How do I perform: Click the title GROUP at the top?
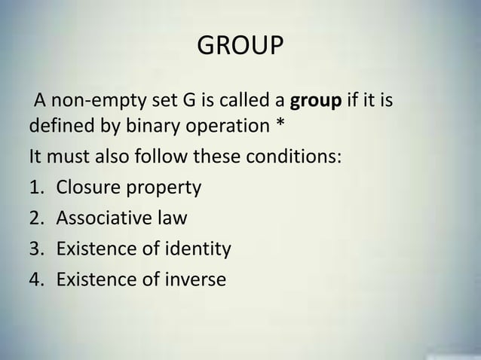(x=240, y=48)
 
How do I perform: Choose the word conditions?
(x=296, y=158)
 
